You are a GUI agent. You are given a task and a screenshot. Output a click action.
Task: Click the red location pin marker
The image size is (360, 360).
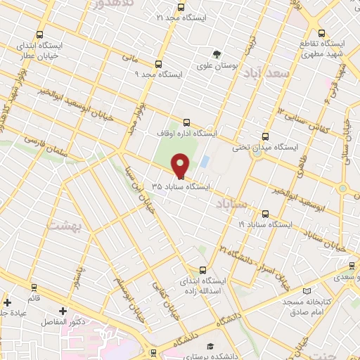[x=181, y=165]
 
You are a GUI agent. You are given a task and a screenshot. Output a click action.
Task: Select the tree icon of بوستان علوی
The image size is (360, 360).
[x=217, y=53]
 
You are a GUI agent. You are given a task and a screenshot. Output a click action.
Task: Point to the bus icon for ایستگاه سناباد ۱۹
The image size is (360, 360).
[x=265, y=213]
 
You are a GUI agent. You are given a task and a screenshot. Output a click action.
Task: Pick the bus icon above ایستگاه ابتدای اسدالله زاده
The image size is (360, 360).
[x=202, y=269]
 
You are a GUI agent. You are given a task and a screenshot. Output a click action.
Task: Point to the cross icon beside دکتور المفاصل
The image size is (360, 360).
[x=63, y=310]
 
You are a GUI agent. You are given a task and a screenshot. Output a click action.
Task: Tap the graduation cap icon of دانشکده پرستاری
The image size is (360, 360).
[x=209, y=346]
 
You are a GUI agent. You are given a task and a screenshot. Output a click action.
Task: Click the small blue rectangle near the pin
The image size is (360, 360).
[x=204, y=162]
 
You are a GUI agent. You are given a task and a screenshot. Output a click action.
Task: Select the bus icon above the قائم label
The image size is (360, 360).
[x=32, y=288]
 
